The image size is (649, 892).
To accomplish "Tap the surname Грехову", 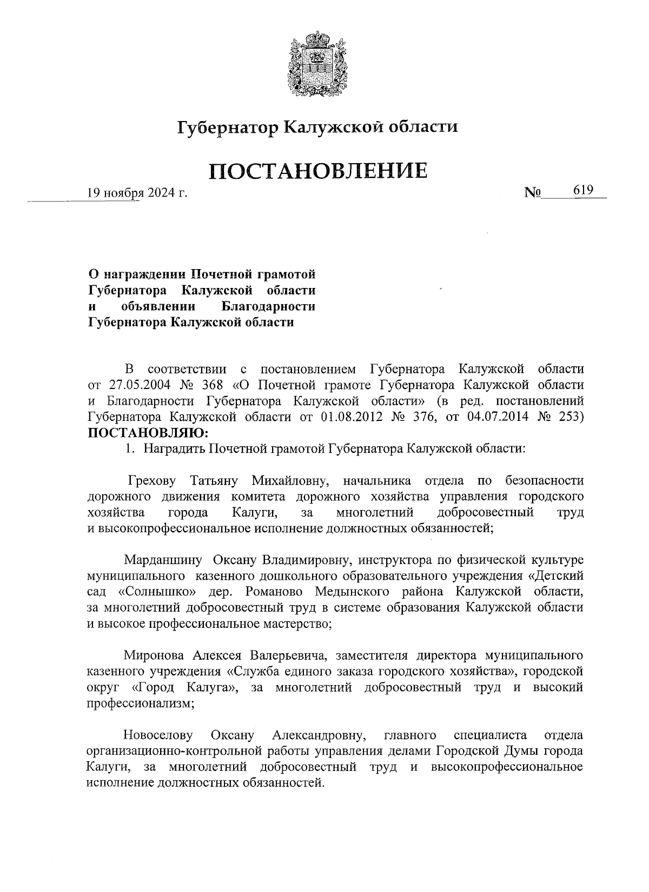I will tap(154, 481).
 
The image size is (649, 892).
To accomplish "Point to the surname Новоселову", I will tap(158, 735).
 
